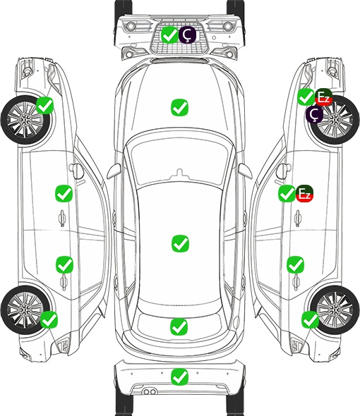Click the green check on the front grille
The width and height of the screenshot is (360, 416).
[169, 35]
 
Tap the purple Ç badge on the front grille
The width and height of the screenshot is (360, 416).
[187, 35]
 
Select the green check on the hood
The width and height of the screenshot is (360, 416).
[180, 107]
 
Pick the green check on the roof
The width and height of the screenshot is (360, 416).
[181, 243]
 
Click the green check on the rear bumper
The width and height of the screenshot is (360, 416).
[180, 377]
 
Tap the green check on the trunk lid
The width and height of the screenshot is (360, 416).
[179, 326]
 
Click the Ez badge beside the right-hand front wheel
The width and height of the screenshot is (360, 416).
[323, 97]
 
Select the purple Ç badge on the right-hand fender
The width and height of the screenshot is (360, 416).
[314, 114]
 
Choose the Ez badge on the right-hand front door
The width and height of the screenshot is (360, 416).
[305, 194]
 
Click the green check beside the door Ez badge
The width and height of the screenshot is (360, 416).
[287, 194]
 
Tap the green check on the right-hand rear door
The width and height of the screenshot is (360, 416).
[295, 264]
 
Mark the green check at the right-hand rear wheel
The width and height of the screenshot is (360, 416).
[310, 319]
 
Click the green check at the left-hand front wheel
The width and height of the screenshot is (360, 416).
[45, 106]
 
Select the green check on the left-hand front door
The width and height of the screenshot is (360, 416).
[64, 193]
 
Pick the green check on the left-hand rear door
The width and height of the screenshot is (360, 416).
[64, 264]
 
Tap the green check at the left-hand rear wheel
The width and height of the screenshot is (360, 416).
[49, 319]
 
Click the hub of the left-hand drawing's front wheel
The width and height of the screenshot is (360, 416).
[25, 120]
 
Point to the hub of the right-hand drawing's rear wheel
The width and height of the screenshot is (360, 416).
[335, 310]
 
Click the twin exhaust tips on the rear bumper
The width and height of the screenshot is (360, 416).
[150, 392]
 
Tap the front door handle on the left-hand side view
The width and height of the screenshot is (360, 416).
[62, 218]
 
